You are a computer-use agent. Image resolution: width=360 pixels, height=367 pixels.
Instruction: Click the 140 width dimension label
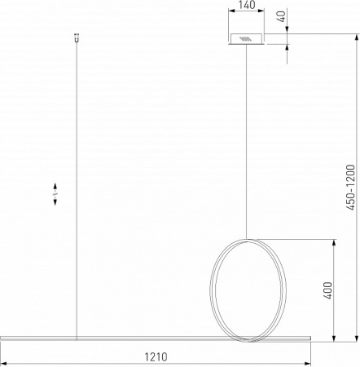point(247,5)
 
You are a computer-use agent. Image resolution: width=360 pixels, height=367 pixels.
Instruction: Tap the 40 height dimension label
point(282,16)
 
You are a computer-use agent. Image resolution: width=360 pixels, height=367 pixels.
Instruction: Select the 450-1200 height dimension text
point(350,188)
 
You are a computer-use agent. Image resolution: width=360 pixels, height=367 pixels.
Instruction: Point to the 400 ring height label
point(328,290)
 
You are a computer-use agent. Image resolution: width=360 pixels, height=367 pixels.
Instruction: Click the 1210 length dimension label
point(156,356)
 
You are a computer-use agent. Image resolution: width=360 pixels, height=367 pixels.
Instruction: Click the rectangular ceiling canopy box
point(246,39)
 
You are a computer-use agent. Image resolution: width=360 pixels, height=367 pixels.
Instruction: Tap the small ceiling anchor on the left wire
point(77,38)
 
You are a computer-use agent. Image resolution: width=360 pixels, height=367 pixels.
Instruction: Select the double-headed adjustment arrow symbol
point(55,194)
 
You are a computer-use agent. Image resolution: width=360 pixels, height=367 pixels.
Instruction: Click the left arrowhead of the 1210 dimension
point(4,363)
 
